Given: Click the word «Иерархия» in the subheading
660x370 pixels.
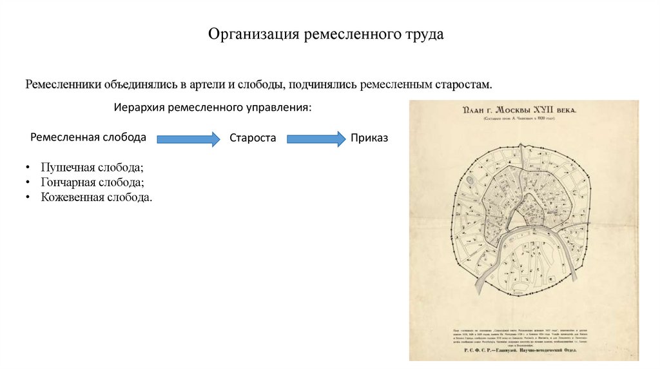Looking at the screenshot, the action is click(x=139, y=107).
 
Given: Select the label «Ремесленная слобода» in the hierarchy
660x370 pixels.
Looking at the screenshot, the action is click(x=88, y=137).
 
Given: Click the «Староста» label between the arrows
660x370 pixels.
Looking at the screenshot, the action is click(x=253, y=138).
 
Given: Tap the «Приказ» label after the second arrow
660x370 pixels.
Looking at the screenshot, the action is click(x=369, y=138).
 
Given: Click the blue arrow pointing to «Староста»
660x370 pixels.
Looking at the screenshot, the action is click(x=188, y=139).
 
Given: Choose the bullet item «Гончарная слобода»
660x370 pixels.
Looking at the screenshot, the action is click(x=92, y=182).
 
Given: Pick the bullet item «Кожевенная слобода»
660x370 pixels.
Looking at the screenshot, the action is click(x=96, y=197).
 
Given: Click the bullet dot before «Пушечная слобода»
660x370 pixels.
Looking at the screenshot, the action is click(x=28, y=168).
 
